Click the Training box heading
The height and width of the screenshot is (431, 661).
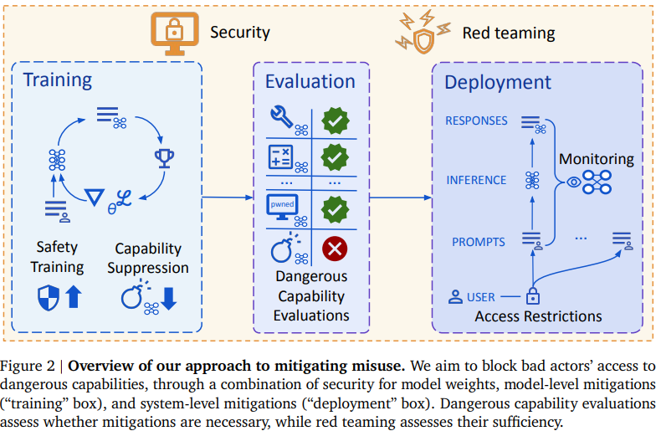(x=57, y=80)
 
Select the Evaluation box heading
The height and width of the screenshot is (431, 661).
(x=310, y=81)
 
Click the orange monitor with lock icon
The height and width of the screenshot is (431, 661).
(x=172, y=31)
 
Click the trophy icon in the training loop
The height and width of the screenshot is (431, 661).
(x=164, y=156)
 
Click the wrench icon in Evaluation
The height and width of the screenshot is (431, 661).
(x=281, y=116)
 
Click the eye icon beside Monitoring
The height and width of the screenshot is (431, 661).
(x=574, y=180)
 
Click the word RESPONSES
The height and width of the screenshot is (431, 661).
(x=476, y=121)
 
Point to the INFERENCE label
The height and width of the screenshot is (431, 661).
(x=476, y=180)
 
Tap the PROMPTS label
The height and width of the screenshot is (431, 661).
(x=479, y=242)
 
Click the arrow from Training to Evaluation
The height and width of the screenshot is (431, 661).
(x=228, y=198)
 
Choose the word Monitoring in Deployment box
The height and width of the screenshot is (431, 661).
(x=597, y=159)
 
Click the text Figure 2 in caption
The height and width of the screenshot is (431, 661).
(x=33, y=366)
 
